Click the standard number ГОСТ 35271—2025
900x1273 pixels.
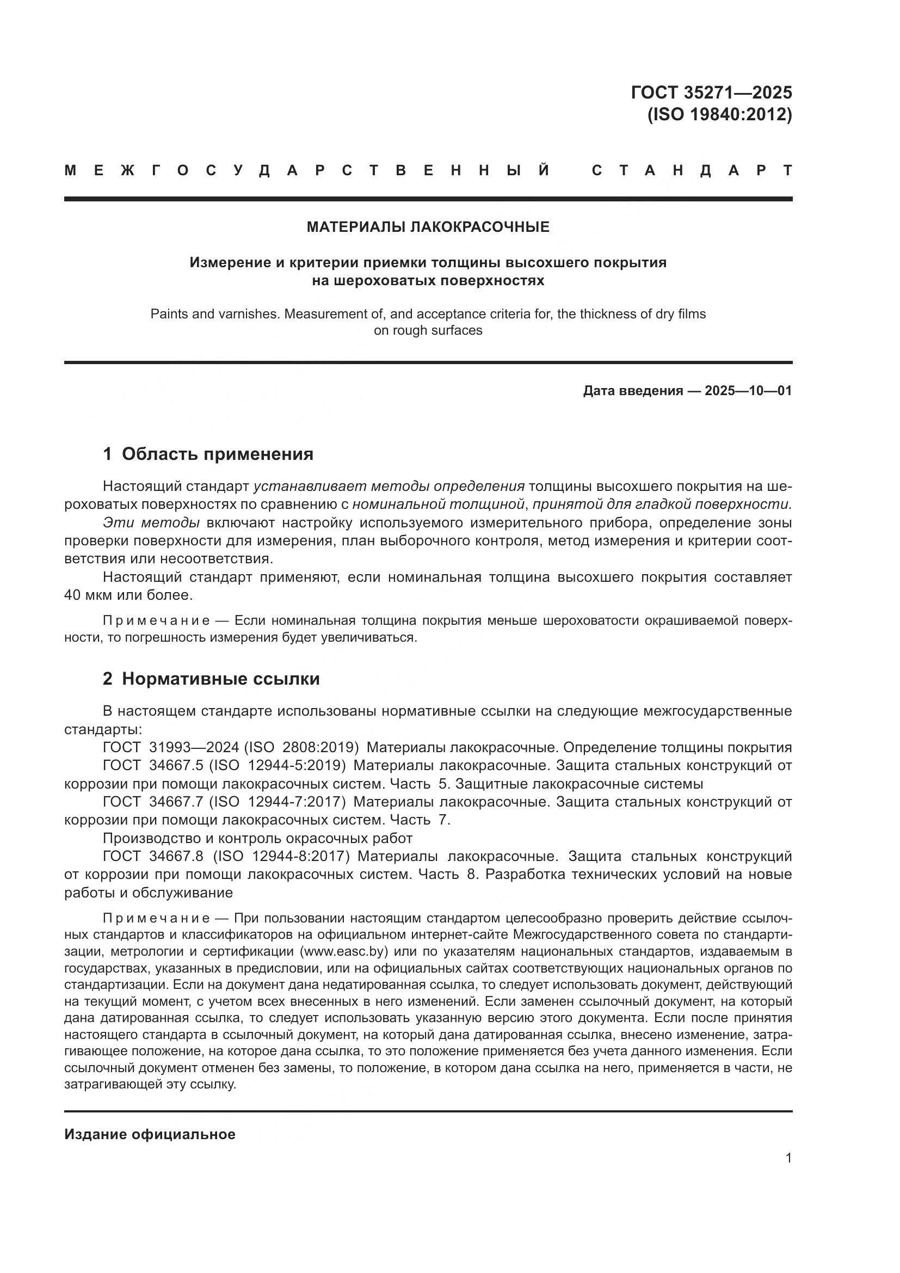tap(711, 92)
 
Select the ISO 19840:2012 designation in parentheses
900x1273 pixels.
tap(719, 114)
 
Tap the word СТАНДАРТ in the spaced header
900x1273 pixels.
tap(692, 171)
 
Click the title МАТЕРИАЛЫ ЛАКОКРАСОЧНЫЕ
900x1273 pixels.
tap(428, 227)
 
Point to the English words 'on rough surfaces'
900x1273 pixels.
tap(428, 330)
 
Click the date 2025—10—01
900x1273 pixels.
tap(748, 391)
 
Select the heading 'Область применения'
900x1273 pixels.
tap(217, 454)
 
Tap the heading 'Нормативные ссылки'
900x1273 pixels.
tap(220, 679)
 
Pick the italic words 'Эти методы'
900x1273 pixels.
tap(151, 523)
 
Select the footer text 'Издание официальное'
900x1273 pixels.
tap(150, 1134)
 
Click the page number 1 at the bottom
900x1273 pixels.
tap(788, 1158)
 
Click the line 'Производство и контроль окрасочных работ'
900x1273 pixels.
tap(257, 838)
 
